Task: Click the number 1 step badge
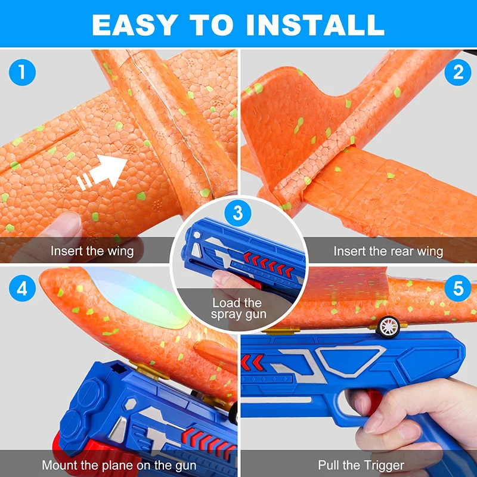[x=23, y=73]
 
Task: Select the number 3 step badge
[x=238, y=212]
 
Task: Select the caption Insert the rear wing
[x=388, y=251]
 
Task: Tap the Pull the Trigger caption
[x=361, y=465]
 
